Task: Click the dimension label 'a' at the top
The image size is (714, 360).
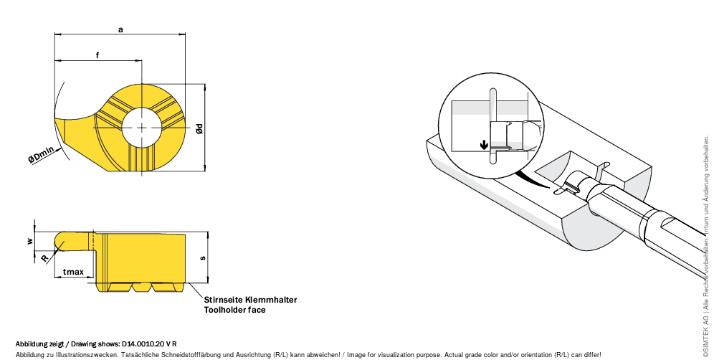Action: (x=120, y=30)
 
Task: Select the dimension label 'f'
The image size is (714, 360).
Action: (x=97, y=55)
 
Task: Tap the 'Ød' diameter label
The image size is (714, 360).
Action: (x=199, y=129)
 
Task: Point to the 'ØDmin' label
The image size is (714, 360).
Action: (x=41, y=155)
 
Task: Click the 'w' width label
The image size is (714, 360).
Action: (x=30, y=241)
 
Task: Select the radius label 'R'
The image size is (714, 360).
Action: (x=44, y=259)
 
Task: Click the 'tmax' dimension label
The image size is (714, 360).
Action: (x=73, y=272)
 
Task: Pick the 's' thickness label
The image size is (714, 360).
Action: (x=203, y=258)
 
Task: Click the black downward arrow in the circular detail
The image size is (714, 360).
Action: (x=485, y=145)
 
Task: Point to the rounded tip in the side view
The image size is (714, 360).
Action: (x=59, y=241)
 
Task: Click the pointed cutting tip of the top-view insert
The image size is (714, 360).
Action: (x=55, y=118)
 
